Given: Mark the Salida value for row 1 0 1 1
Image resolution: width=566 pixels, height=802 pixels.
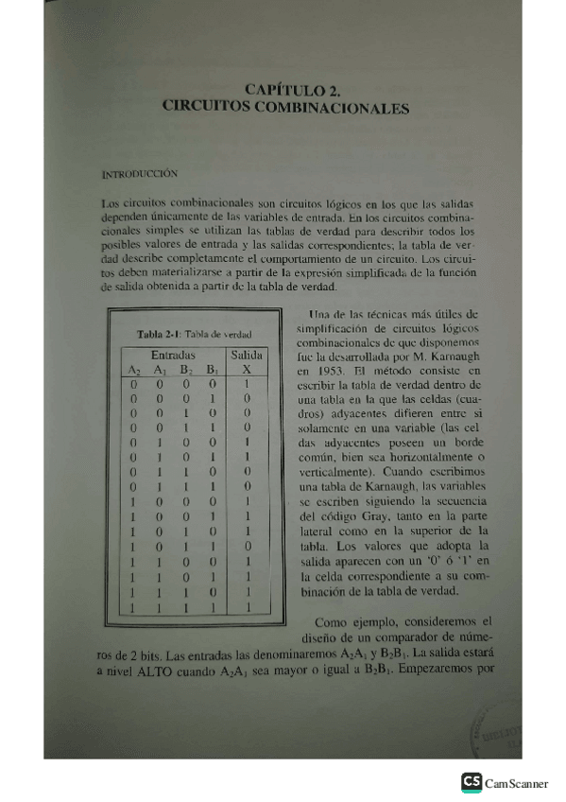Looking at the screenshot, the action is (247, 547).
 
